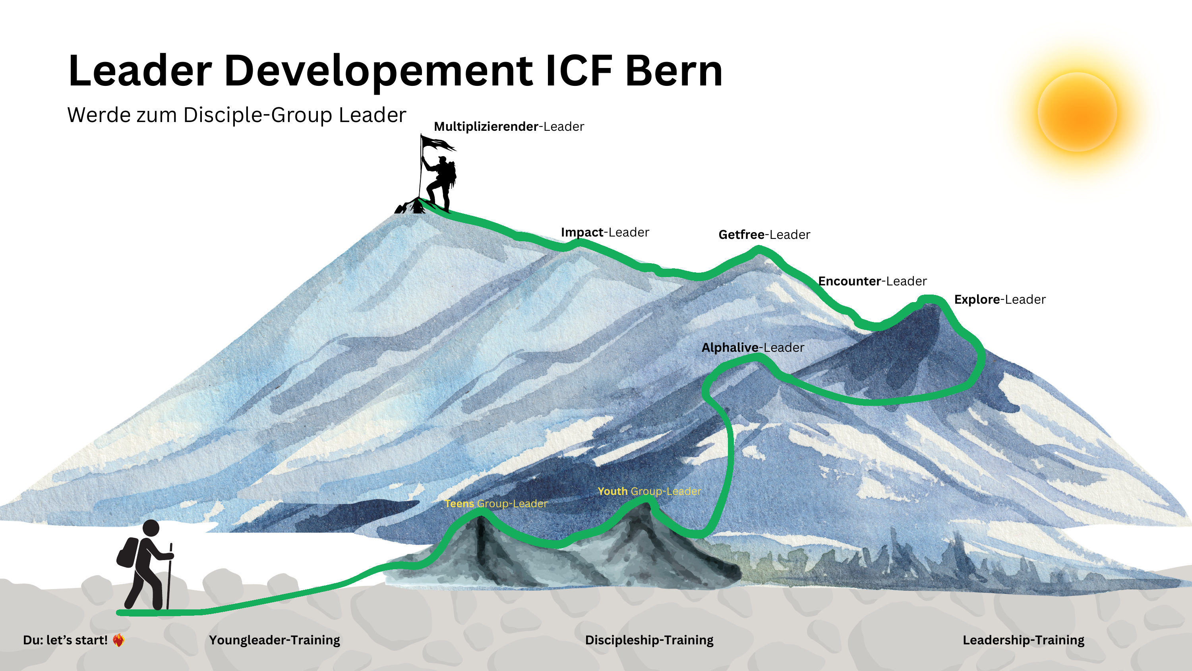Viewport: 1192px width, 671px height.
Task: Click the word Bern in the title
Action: click(674, 71)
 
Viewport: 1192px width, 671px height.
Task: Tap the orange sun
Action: click(1077, 112)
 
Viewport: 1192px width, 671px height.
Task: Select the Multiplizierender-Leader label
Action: click(509, 126)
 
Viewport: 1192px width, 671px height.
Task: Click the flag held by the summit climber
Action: click(438, 143)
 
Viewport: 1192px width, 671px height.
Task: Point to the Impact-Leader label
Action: click(605, 232)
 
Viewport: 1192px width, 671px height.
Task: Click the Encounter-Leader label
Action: click(872, 281)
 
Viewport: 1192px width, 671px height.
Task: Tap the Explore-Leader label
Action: click(1000, 300)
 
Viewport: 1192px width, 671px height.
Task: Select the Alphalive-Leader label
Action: click(753, 347)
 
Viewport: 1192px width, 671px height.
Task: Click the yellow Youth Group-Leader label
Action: click(649, 491)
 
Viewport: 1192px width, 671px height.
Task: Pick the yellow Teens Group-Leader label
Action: click(496, 503)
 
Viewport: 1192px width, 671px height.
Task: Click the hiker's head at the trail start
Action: click(151, 528)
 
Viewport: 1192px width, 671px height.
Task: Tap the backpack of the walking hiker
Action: click(128, 553)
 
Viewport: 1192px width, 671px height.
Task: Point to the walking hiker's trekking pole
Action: click(169, 576)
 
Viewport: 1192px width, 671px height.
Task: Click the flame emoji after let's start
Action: click(118, 640)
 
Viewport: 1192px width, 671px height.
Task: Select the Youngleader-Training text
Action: click(275, 640)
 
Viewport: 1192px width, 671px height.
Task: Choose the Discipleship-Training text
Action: click(649, 640)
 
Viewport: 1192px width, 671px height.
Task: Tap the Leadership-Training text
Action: click(1023, 640)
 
